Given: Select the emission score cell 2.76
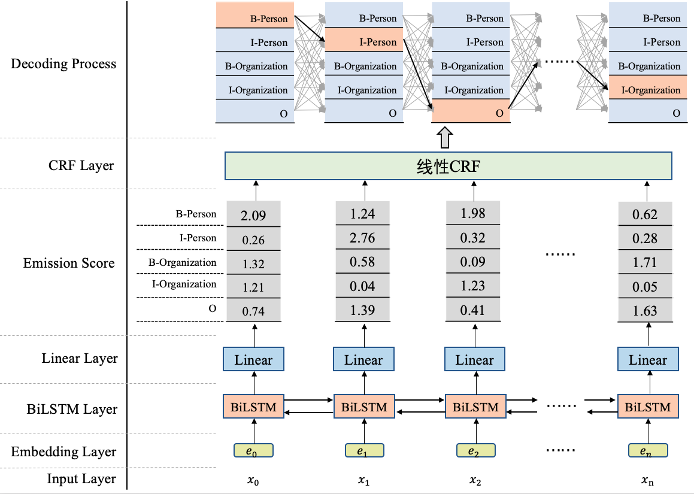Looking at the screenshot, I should pos(363,238).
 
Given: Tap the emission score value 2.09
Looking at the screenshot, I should pos(253,215).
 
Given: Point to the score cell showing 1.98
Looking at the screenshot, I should pos(473,214).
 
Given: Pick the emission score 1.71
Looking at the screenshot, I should pos(645,262).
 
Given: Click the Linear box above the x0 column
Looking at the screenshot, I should pos(253,360).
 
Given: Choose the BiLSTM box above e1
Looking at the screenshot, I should pos(364,407).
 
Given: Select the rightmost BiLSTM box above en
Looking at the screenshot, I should pos(648,407).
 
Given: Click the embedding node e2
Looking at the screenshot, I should pos(475,450).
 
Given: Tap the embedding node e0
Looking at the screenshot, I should pos(253,450).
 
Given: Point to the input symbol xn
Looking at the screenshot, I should pos(647,480).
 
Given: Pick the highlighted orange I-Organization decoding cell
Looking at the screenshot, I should pos(647,89).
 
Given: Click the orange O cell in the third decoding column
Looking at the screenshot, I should pos(471,111).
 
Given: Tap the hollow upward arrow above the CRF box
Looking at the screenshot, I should pos(444,137).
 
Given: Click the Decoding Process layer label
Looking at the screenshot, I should pos(63,64).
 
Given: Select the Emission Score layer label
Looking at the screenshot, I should pos(69,263).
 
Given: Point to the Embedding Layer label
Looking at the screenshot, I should pos(63,452).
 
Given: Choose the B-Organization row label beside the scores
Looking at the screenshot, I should pos(183,262).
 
